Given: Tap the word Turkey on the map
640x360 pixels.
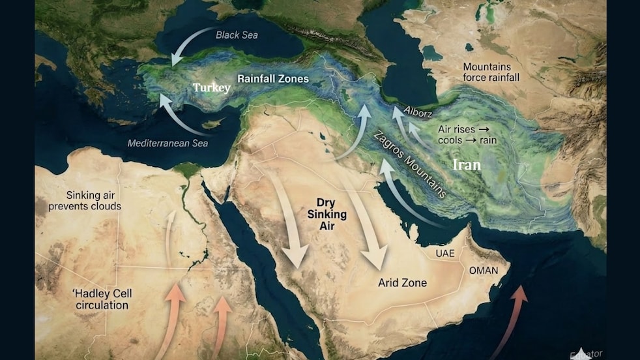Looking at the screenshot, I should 211,87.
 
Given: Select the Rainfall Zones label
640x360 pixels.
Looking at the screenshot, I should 272,79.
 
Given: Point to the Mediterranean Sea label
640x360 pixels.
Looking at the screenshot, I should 168,143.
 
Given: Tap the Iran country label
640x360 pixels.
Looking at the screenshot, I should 467,165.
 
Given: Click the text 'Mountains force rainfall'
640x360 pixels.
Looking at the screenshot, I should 491,72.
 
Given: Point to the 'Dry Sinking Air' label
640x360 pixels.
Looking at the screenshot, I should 327,214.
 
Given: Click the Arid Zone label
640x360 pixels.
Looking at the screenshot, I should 402,283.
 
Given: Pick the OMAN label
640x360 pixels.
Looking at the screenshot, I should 483,270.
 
